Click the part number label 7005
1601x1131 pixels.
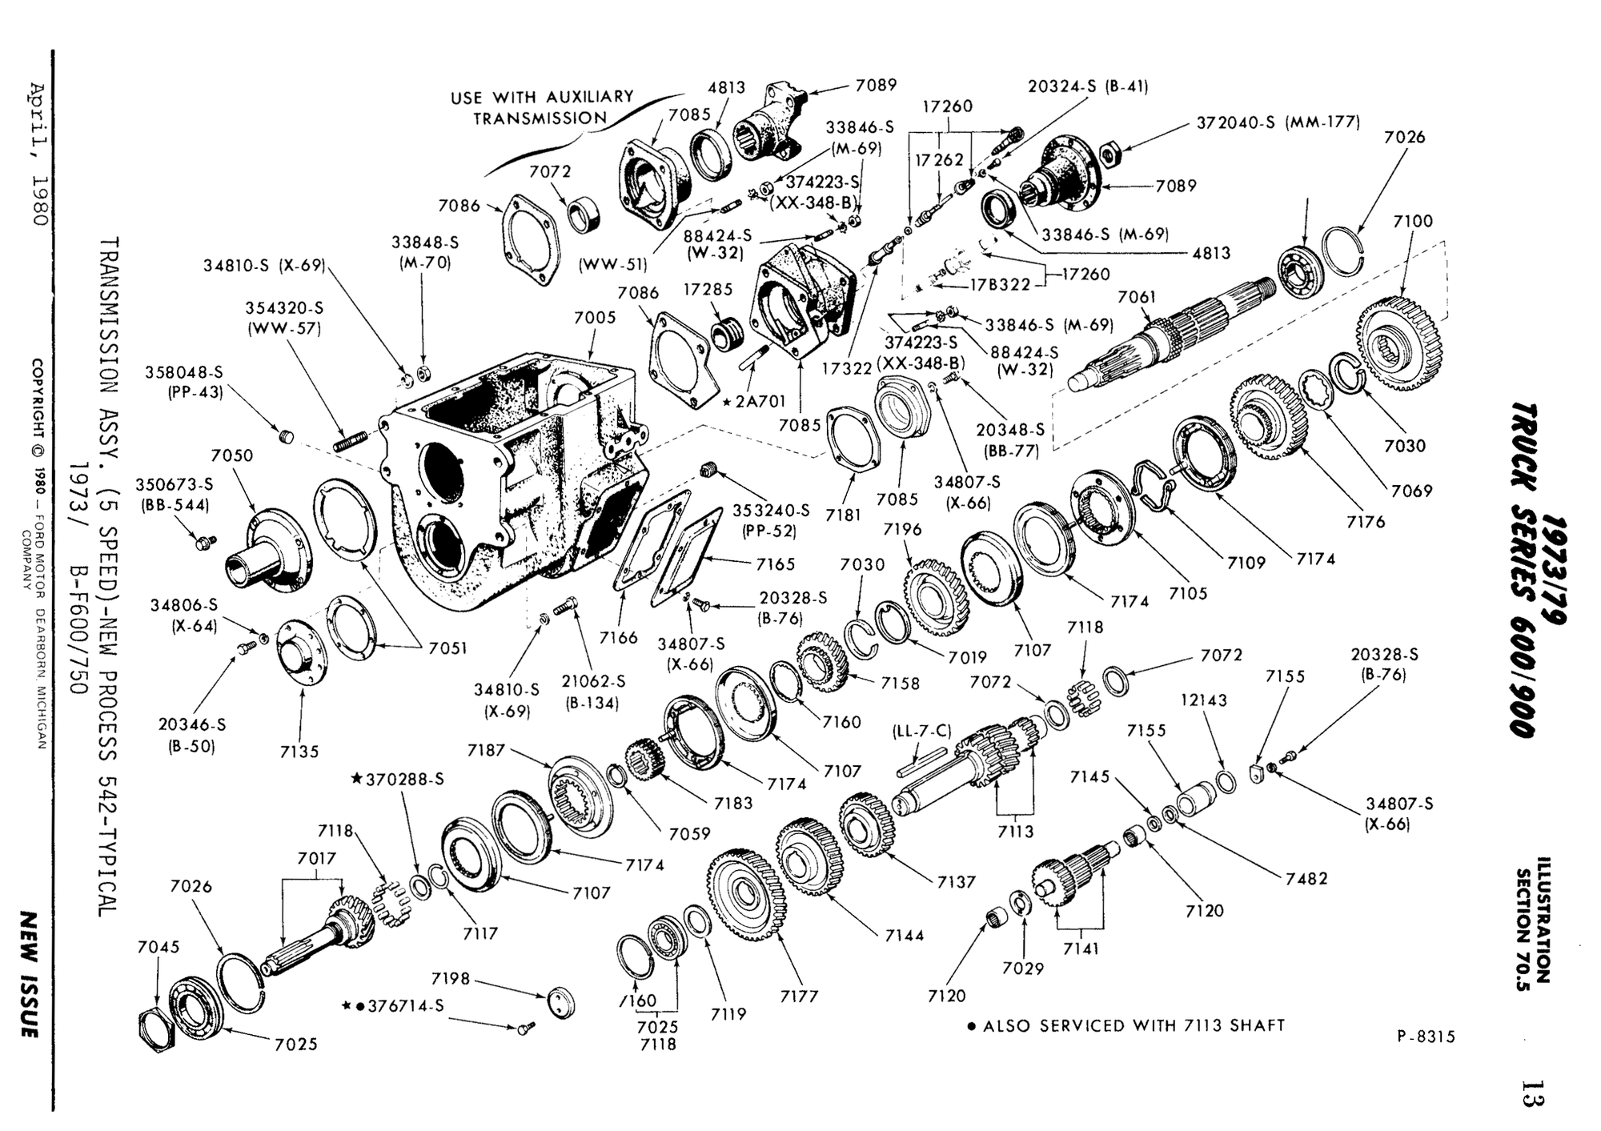pyautogui.click(x=595, y=318)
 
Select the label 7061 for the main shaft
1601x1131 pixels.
pyautogui.click(x=1137, y=297)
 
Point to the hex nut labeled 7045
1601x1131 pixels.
pyautogui.click(x=156, y=1029)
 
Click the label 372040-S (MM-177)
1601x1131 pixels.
pyautogui.click(x=1278, y=122)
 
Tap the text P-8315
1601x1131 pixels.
pyautogui.click(x=1426, y=1037)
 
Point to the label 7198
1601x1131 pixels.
pyautogui.click(x=450, y=978)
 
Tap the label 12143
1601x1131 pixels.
pyautogui.click(x=1203, y=700)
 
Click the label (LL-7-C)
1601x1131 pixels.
pyautogui.click(x=921, y=731)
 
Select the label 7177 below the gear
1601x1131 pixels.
pyautogui.click(x=799, y=996)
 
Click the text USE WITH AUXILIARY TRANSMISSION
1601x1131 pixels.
pyautogui.click(x=541, y=107)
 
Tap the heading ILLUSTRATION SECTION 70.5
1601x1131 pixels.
pyautogui.click(x=1533, y=920)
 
